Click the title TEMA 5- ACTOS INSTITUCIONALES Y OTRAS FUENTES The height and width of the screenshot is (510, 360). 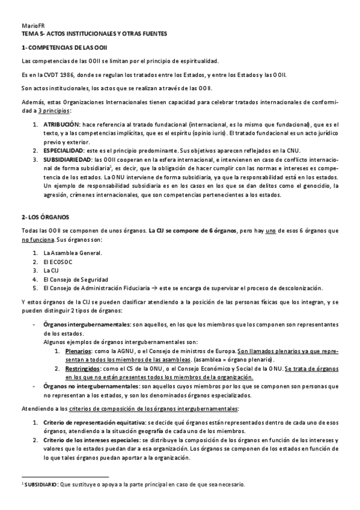coord(94,34)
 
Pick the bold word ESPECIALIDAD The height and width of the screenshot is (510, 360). coord(65,150)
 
